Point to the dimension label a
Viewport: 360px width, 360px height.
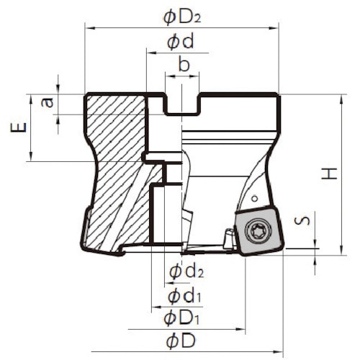point(48,103)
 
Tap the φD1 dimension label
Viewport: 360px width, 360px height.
point(181,318)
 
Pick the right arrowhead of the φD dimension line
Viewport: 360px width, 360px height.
point(281,352)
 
